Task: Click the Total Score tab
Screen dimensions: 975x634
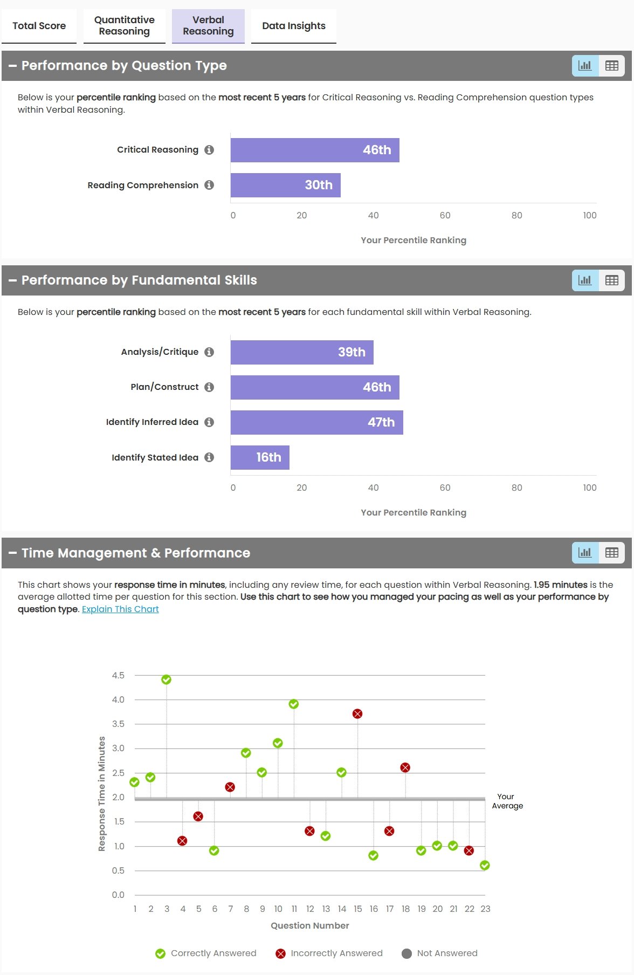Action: tap(39, 26)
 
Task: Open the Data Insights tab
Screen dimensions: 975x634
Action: tap(294, 26)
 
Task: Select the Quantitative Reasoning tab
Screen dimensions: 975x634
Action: tap(125, 26)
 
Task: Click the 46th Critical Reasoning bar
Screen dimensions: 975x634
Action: tap(315, 150)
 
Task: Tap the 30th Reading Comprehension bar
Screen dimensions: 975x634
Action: tap(285, 185)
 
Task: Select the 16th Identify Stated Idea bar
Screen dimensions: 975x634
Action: tap(260, 457)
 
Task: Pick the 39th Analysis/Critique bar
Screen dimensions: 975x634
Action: tap(302, 352)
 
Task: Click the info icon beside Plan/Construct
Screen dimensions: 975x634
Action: tap(210, 387)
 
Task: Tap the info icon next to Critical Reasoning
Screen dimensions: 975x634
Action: tap(210, 150)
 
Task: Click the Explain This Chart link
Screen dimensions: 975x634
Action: tap(120, 609)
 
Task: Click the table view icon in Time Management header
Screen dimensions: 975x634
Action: tap(612, 553)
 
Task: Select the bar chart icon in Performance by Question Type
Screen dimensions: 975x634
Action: tap(585, 66)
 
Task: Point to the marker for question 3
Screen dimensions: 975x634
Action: tap(167, 679)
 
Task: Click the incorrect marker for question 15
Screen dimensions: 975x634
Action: tap(357, 713)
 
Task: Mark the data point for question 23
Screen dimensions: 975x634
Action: tap(485, 866)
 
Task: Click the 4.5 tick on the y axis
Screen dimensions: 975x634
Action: tap(118, 675)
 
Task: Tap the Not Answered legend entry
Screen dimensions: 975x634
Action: tap(440, 953)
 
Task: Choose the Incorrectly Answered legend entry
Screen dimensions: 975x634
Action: tap(329, 953)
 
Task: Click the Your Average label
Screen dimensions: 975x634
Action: tap(507, 801)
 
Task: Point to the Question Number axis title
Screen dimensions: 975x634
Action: tap(310, 925)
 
